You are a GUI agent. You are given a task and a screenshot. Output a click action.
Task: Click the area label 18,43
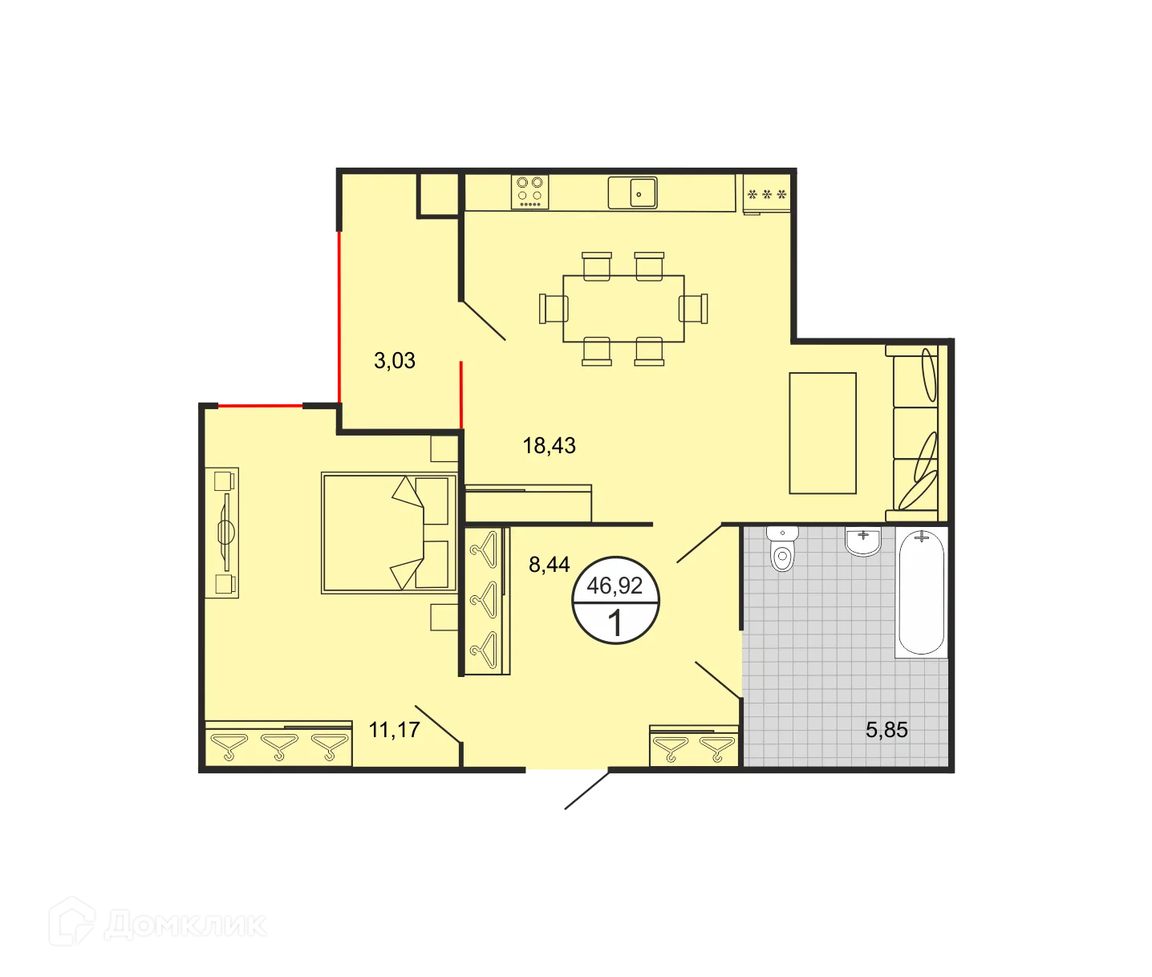point(550,445)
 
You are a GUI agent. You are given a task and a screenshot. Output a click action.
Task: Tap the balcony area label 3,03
point(395,361)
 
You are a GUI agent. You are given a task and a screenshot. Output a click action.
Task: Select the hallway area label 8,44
point(550,565)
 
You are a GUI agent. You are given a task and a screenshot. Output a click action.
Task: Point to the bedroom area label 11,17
point(395,730)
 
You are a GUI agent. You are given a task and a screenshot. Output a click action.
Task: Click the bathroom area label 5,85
point(886,730)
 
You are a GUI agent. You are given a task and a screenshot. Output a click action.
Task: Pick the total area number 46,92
point(615,586)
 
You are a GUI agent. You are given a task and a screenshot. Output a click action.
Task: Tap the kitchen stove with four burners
point(530,193)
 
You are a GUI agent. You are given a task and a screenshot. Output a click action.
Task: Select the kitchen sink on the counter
point(632,193)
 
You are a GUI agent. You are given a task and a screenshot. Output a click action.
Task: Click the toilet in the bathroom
point(782,549)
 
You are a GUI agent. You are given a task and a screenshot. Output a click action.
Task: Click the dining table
point(623,308)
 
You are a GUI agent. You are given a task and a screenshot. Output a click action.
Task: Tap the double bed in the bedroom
point(388,533)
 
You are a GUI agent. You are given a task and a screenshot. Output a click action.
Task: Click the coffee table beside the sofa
point(823,433)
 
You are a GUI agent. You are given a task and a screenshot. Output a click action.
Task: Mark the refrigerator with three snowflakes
point(767,195)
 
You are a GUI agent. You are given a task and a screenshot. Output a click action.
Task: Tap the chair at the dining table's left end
point(554,308)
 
